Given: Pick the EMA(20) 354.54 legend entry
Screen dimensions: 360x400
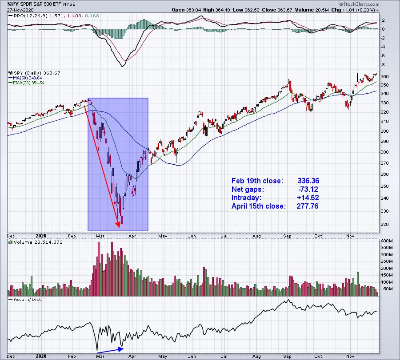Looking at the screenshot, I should click(26, 83).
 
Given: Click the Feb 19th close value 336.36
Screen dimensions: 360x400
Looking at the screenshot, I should click(308, 181).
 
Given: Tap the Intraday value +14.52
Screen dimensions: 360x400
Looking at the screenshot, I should click(308, 198).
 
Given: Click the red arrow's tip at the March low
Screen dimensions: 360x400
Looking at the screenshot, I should click(119, 227).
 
